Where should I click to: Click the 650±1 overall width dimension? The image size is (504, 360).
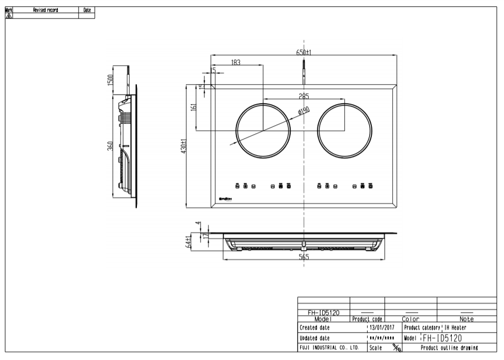coord(304,52)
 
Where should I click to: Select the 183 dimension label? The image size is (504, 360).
coord(235,62)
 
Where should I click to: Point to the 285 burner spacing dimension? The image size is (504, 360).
coord(304,96)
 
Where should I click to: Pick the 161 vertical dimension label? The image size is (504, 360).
coord(193,107)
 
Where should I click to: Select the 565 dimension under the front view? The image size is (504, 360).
coord(304,257)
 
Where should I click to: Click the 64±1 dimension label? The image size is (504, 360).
coord(188,242)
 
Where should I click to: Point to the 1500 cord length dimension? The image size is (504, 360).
coord(110,81)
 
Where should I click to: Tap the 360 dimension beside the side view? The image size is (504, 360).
coord(110,146)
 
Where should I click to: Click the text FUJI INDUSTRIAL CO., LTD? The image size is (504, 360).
coord(329,347)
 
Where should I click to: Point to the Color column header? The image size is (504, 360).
coord(410,319)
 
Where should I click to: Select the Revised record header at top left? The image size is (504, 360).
coord(45,10)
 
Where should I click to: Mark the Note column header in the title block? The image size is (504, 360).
coord(467,319)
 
